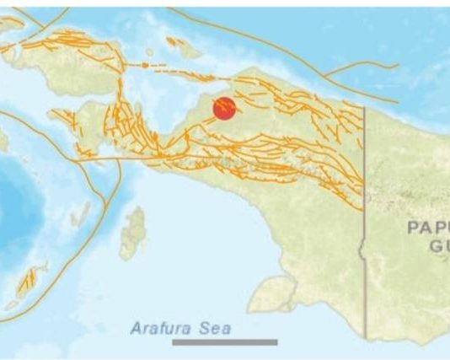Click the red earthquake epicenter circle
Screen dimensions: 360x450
(224, 109)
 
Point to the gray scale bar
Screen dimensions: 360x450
(225, 342)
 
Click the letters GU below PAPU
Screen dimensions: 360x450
(438, 245)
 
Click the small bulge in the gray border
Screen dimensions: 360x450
(361, 249)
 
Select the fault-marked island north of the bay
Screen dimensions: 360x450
(182, 47)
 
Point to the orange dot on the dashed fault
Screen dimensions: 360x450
(147, 64)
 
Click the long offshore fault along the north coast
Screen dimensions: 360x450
(278, 51)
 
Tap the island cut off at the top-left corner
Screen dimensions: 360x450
(8, 25)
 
